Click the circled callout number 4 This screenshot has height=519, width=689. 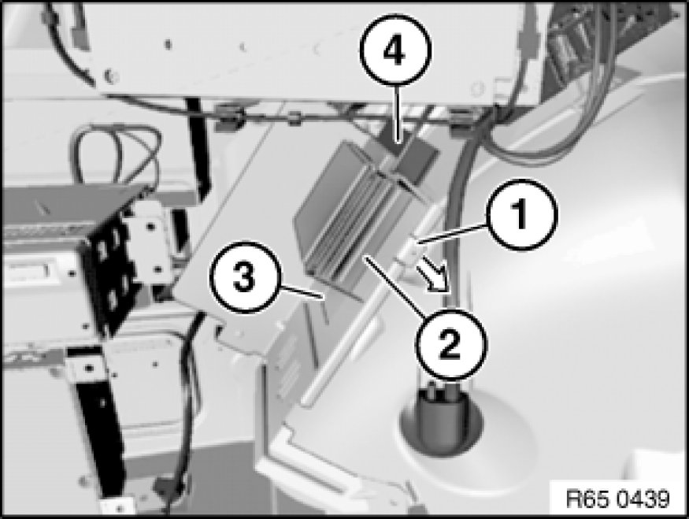(x=395, y=50)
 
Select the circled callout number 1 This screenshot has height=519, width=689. (x=521, y=214)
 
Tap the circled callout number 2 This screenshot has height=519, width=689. (x=451, y=344)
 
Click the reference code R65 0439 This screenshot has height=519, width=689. (x=618, y=499)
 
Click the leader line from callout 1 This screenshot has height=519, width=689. (x=453, y=233)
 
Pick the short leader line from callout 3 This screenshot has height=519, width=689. (x=302, y=293)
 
